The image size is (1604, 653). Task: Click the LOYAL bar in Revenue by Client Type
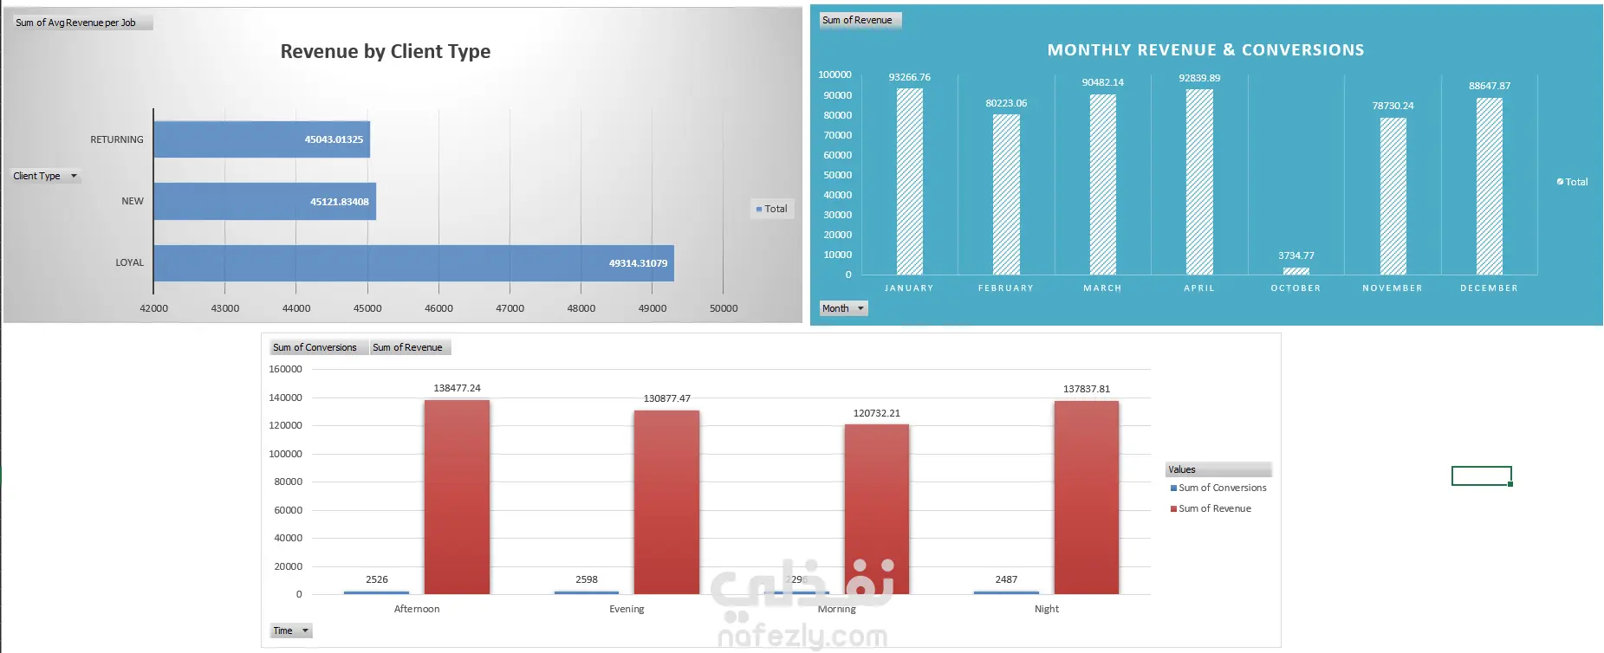pos(413,263)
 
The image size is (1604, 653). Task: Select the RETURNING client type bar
pos(262,139)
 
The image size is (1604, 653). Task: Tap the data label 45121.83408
pos(339,202)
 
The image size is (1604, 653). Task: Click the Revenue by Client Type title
pos(385,52)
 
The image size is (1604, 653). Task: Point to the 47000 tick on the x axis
pos(510,308)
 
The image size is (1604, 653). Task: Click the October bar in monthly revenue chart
pos(1296,271)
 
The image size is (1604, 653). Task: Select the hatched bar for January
pos(909,182)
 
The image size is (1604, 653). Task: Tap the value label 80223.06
pos(1005,103)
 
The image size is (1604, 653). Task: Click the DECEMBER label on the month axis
pos(1488,288)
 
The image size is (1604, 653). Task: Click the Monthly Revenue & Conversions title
pos(1205,50)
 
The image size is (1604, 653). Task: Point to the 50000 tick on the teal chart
pos(837,175)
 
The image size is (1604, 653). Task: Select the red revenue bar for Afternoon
pos(457,497)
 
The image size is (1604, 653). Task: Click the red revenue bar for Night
pos(1086,497)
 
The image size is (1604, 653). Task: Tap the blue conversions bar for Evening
pos(586,592)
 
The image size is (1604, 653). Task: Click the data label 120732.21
pos(876,413)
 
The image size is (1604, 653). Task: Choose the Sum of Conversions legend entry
pos(1221,488)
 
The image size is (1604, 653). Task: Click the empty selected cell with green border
pos(1481,475)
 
